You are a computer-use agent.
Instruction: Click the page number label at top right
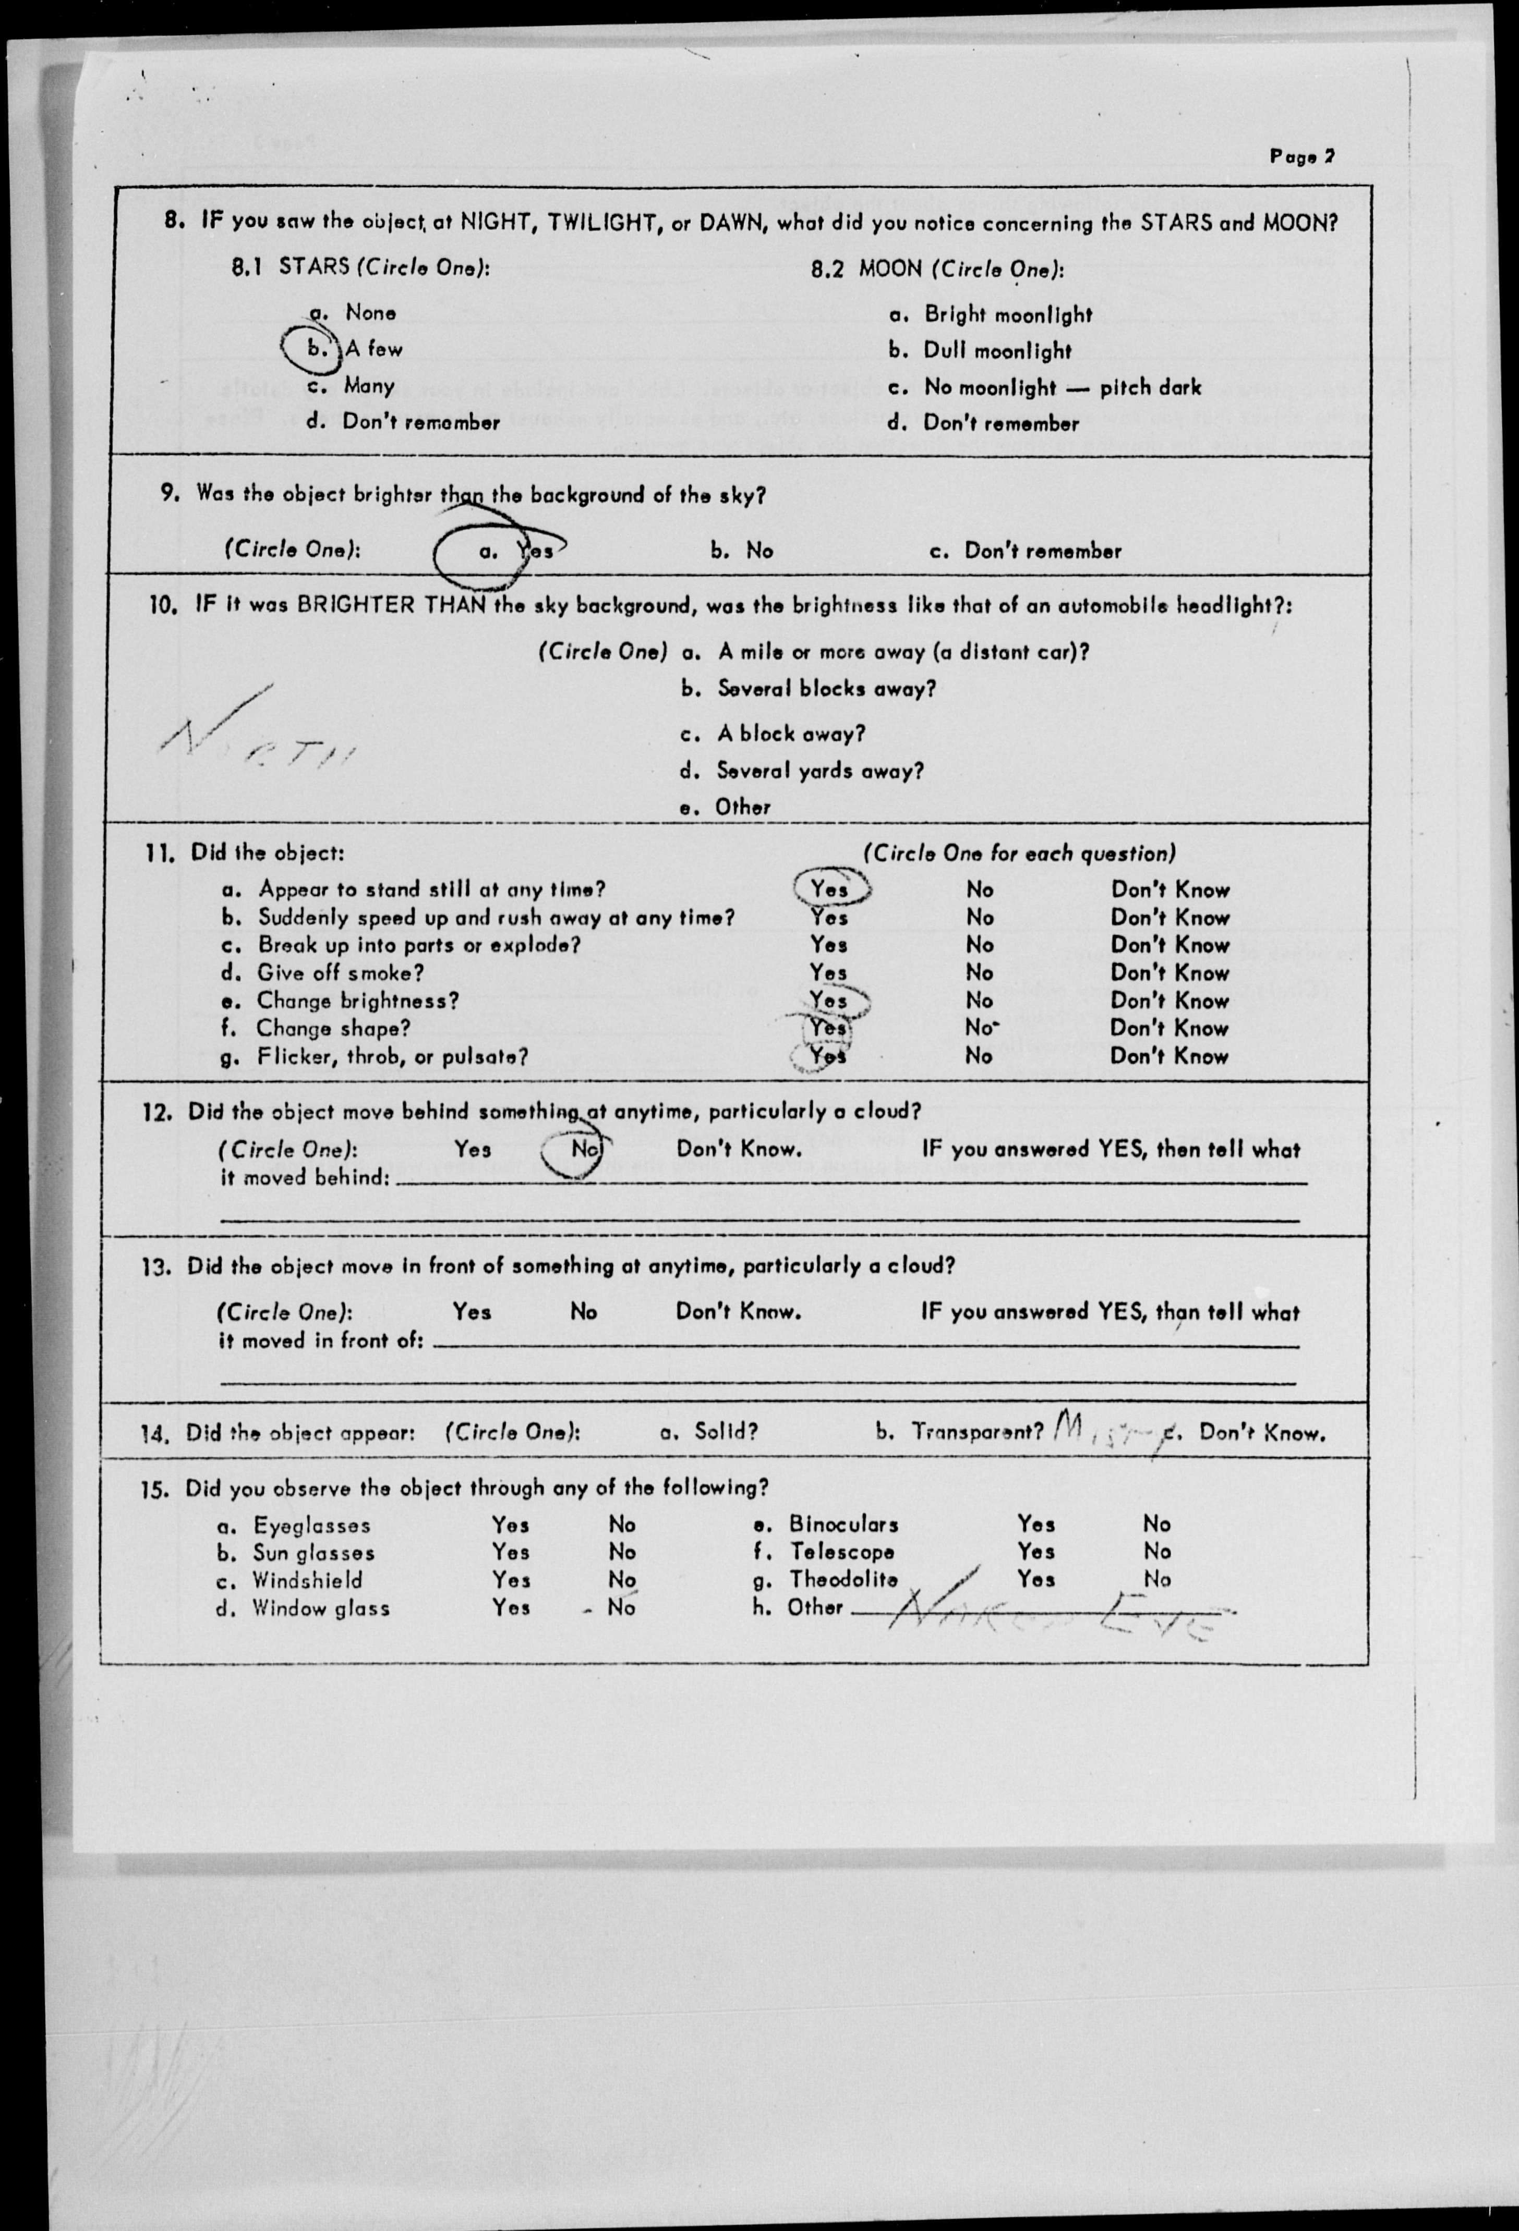coord(1301,156)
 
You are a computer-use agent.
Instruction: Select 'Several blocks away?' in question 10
coord(826,688)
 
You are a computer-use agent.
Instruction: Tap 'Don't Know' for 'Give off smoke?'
coord(1170,972)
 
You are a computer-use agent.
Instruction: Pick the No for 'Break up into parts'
coord(980,945)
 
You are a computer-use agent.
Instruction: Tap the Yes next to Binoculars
coord(1036,1523)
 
